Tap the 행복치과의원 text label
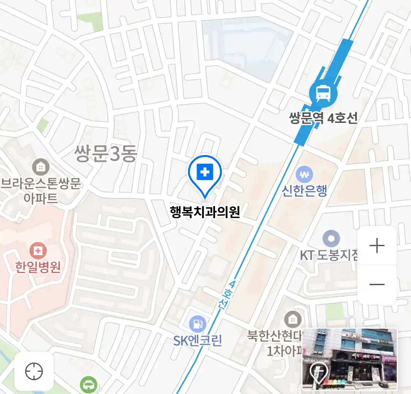tap(205, 212)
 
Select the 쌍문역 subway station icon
tap(323, 93)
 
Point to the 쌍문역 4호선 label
tap(323, 118)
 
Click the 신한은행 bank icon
tap(304, 175)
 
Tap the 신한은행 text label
tap(304, 190)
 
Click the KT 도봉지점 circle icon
tap(331, 239)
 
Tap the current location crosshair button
tap(34, 372)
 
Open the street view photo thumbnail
tap(349, 359)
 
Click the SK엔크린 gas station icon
tap(197, 324)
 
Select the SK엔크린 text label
tap(197, 341)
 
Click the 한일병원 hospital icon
tap(38, 251)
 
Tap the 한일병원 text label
tap(38, 267)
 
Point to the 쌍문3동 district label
tap(106, 153)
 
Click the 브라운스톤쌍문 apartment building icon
tap(41, 167)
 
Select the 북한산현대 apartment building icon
tap(292, 320)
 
